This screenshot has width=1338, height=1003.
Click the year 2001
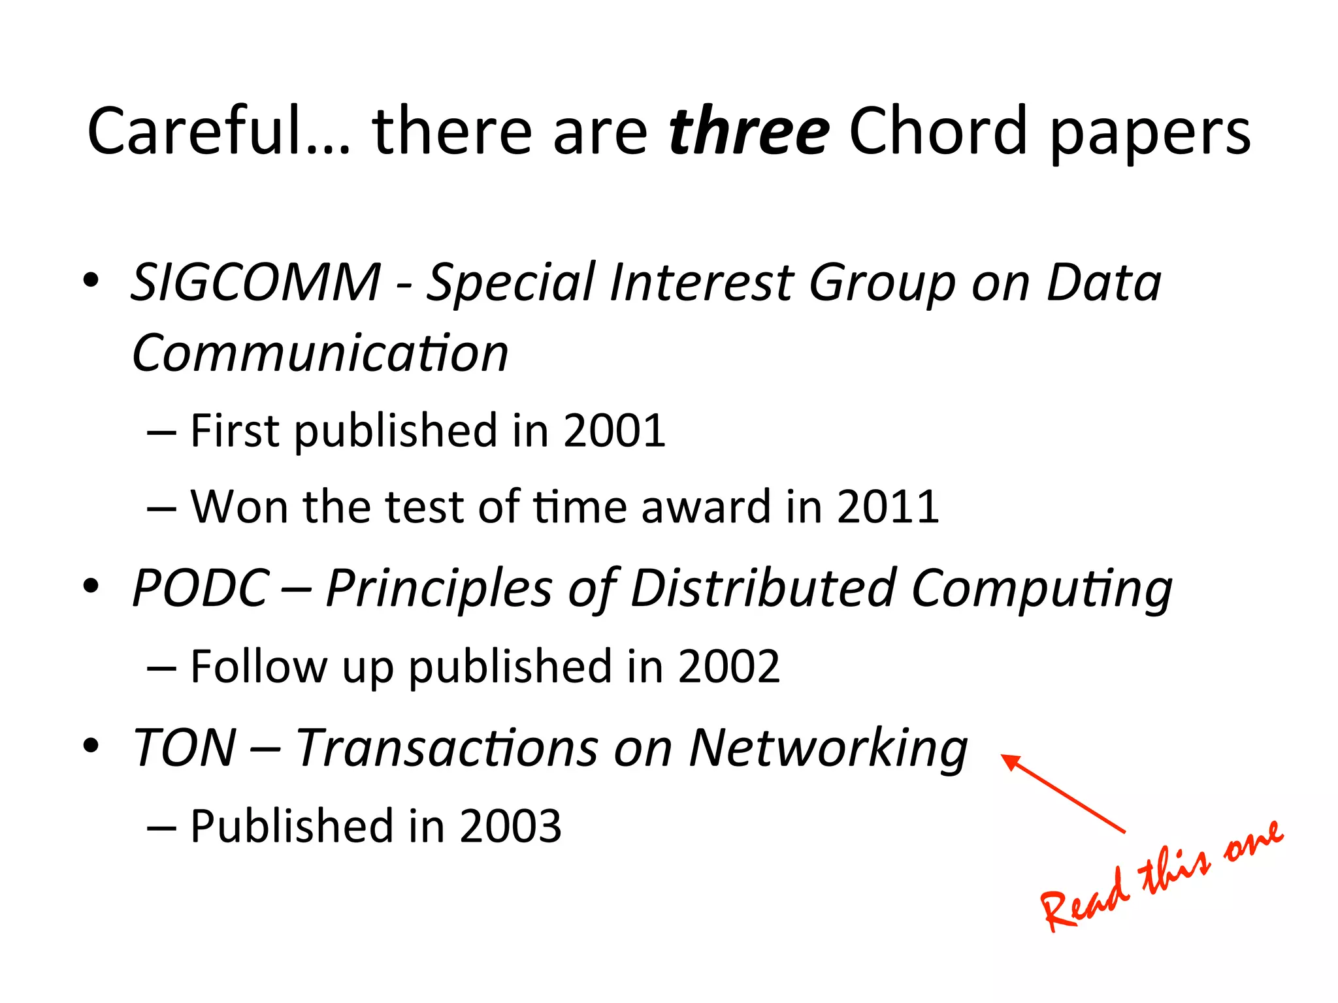click(614, 431)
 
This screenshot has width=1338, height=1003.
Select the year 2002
click(728, 667)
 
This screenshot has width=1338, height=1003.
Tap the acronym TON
click(185, 748)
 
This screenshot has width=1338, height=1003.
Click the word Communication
click(320, 353)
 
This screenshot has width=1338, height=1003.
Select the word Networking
click(828, 748)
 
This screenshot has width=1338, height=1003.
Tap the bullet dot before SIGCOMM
click(91, 280)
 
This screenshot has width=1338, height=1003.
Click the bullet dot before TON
click(91, 744)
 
